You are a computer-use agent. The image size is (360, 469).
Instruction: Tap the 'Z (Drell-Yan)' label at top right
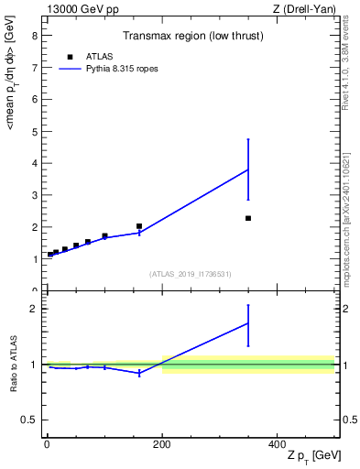(x=304, y=9)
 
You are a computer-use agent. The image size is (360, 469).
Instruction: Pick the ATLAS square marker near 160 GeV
(x=139, y=226)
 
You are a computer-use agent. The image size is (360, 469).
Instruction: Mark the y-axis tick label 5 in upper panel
(x=34, y=132)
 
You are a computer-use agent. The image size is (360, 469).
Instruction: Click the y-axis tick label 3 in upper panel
(x=34, y=195)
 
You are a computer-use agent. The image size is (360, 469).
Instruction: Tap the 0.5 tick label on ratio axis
(x=29, y=420)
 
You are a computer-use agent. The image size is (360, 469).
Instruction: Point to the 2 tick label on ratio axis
(x=34, y=309)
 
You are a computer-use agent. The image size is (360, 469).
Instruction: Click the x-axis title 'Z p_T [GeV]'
(x=311, y=456)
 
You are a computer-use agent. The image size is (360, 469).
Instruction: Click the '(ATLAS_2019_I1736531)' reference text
(x=191, y=274)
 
